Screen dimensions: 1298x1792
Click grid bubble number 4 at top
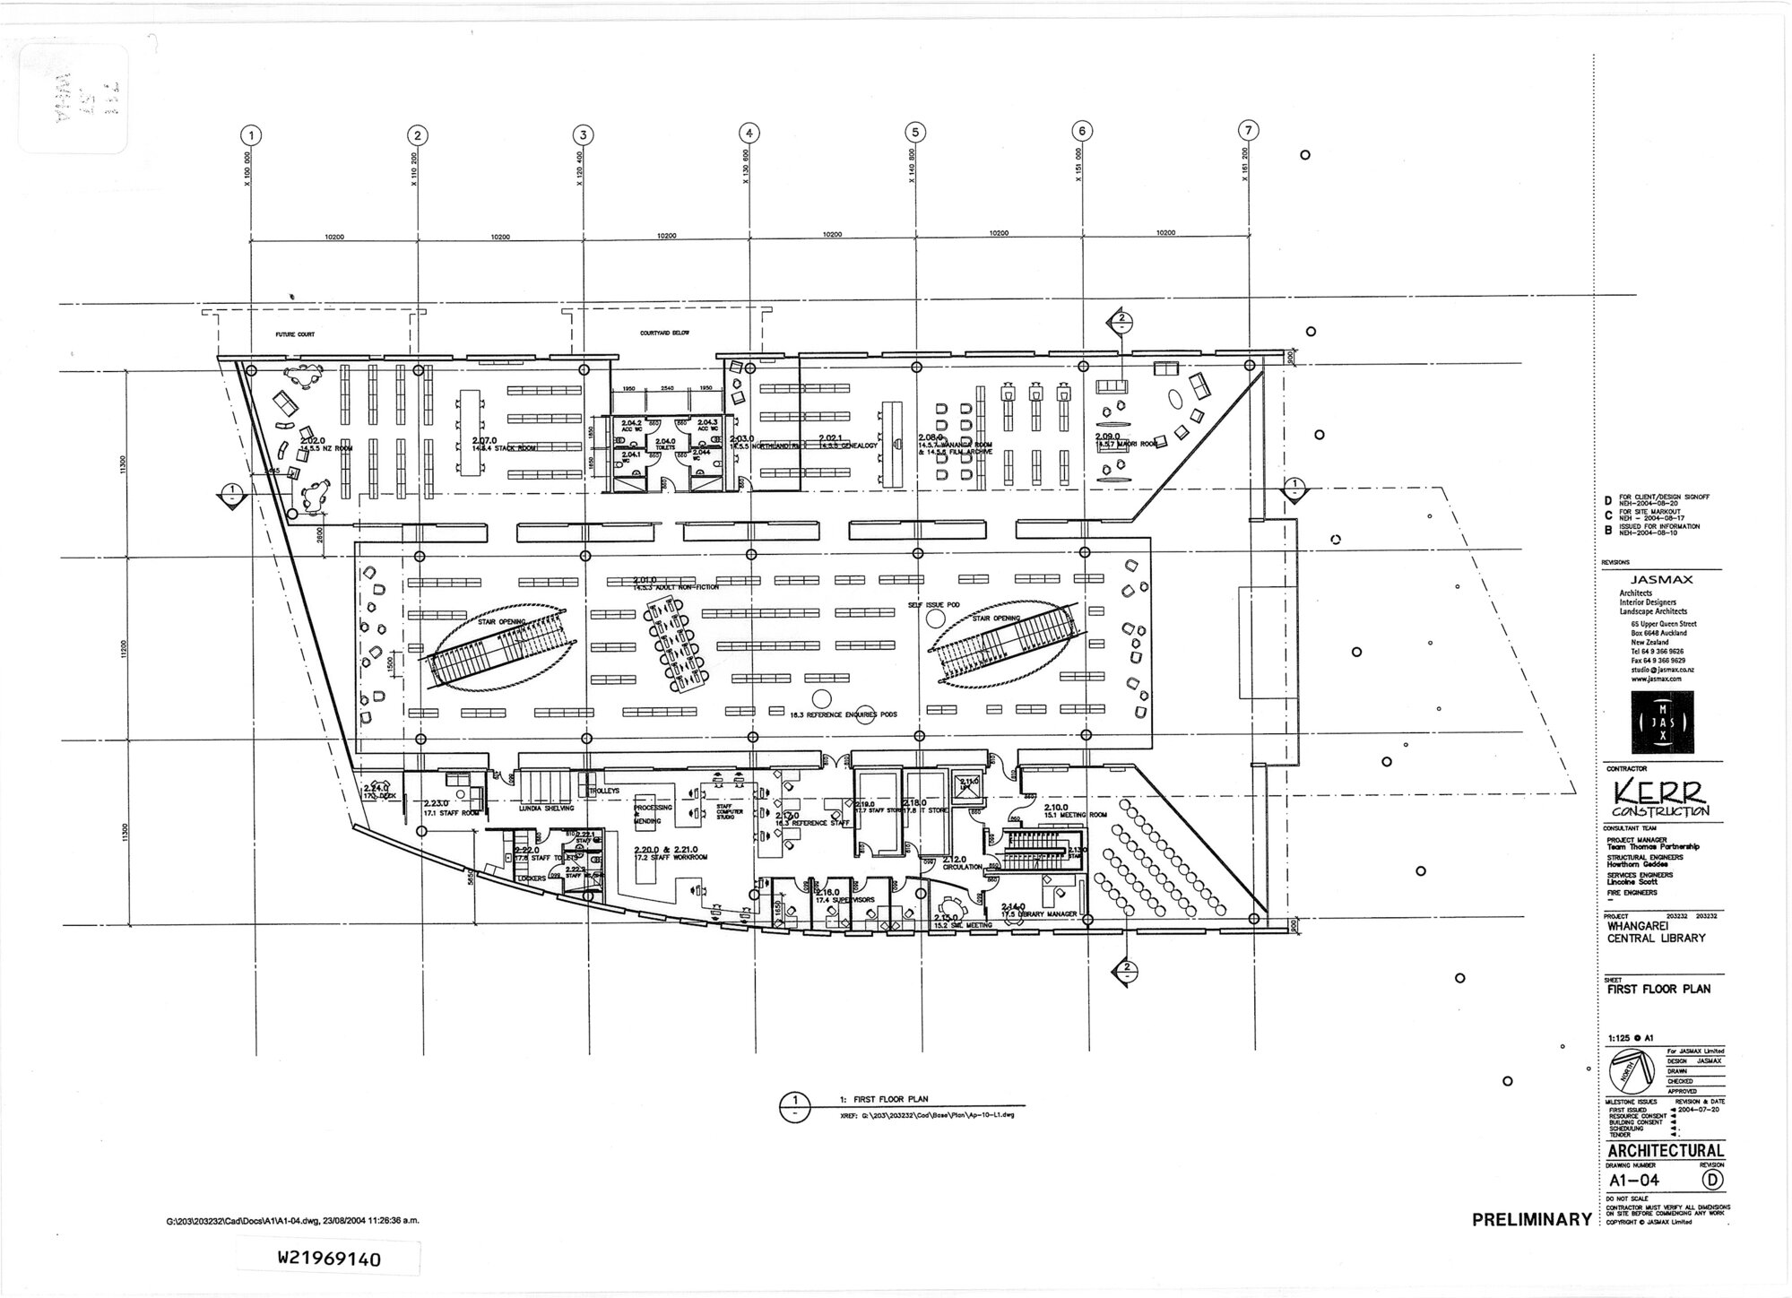click(749, 134)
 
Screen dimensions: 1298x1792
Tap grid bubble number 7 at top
click(1248, 130)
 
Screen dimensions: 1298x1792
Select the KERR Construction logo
click(1661, 799)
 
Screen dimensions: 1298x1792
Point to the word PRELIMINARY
click(1531, 1220)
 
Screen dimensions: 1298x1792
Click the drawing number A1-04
click(1634, 1181)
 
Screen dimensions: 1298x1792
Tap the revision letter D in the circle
click(1712, 1181)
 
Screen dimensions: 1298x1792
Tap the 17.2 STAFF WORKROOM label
click(671, 858)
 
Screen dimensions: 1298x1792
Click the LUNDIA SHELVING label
click(547, 808)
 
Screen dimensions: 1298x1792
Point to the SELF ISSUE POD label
click(933, 606)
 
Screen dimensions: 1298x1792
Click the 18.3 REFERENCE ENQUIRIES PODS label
click(843, 714)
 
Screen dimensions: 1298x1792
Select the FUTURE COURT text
click(295, 334)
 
